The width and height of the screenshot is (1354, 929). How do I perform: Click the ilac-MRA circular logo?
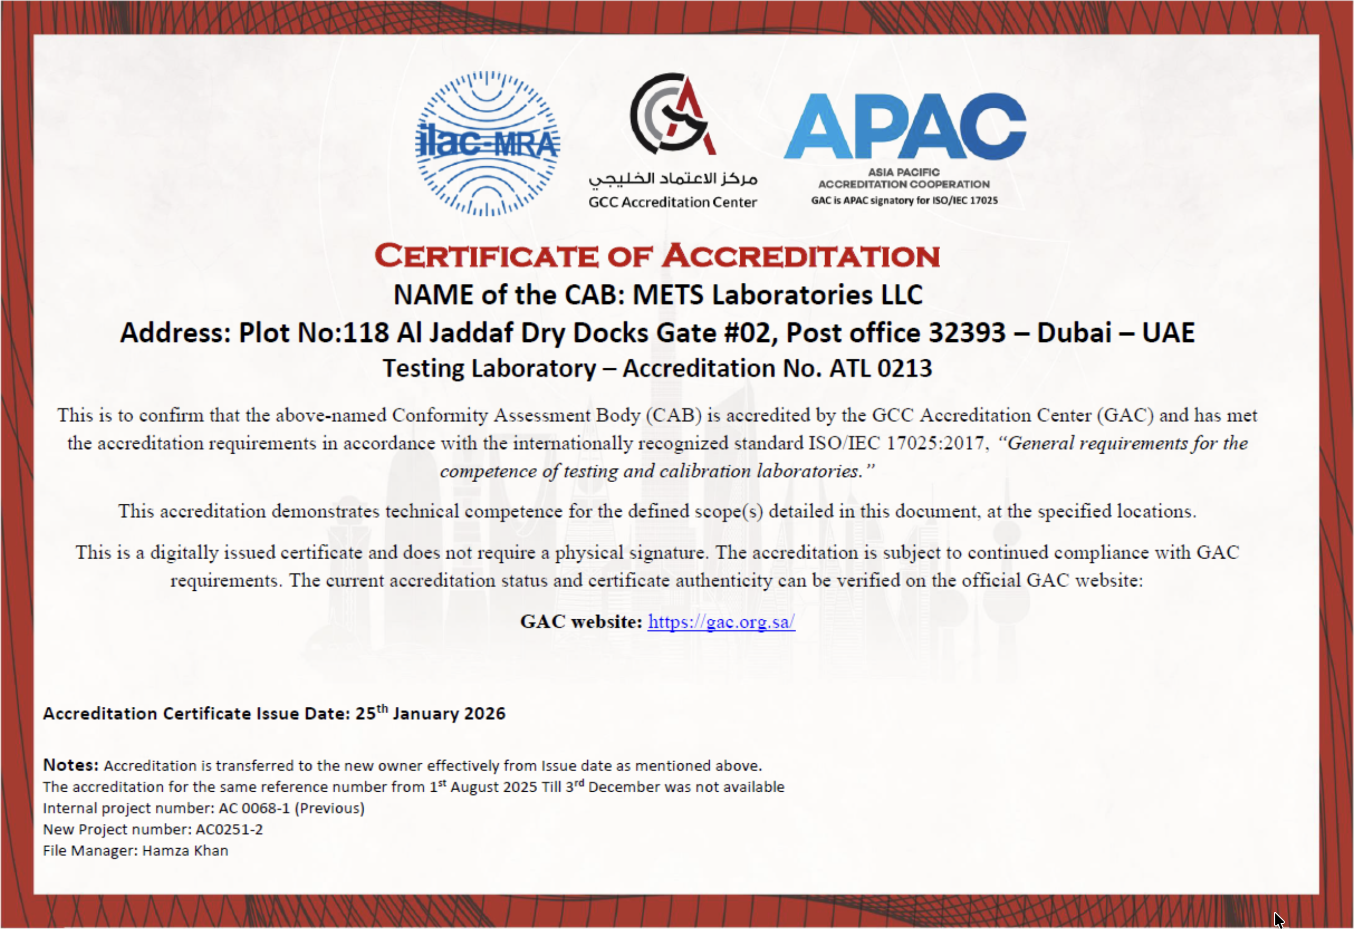click(487, 143)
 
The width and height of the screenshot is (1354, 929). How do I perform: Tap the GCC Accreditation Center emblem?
click(673, 113)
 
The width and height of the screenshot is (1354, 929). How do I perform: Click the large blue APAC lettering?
click(904, 126)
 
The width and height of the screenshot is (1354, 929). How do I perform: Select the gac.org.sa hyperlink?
click(721, 622)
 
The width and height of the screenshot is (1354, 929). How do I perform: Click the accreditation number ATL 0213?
click(881, 369)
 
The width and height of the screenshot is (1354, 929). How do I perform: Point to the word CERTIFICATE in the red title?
click(486, 256)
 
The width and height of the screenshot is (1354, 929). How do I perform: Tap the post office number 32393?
click(967, 333)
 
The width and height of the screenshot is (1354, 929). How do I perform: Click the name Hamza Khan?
click(185, 851)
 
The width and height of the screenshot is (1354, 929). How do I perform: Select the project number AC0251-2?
click(229, 830)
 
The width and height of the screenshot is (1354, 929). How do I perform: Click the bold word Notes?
click(70, 765)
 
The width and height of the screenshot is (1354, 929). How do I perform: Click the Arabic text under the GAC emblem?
click(673, 179)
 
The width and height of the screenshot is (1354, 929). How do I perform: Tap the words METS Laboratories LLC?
click(777, 295)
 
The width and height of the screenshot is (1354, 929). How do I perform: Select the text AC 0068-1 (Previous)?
click(291, 808)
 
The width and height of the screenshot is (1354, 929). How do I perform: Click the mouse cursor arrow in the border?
click(1278, 920)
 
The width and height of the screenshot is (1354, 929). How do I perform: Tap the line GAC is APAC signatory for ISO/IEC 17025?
click(904, 200)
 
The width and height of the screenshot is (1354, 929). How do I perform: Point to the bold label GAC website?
click(581, 622)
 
